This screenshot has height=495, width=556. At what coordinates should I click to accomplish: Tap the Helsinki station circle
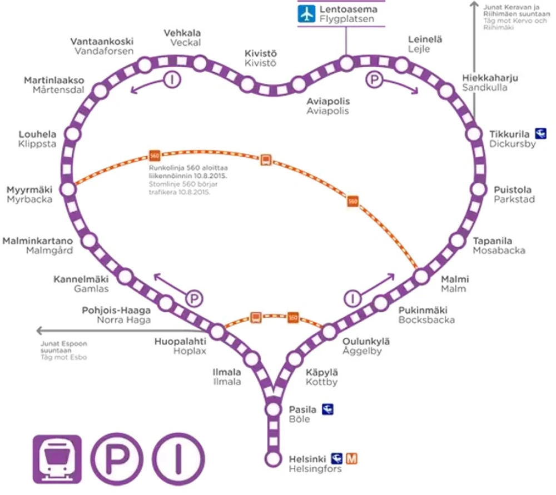273,459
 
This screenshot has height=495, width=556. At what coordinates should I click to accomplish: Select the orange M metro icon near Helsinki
351,459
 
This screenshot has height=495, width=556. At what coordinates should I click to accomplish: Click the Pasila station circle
273,409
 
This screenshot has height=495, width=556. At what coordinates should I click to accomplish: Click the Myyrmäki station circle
68,189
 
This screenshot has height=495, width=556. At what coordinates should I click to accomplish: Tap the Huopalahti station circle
217,332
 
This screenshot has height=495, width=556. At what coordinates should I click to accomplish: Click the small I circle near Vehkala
173,80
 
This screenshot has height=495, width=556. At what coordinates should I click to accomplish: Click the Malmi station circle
421,276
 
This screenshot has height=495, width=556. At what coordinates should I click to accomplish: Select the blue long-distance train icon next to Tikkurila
540,133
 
